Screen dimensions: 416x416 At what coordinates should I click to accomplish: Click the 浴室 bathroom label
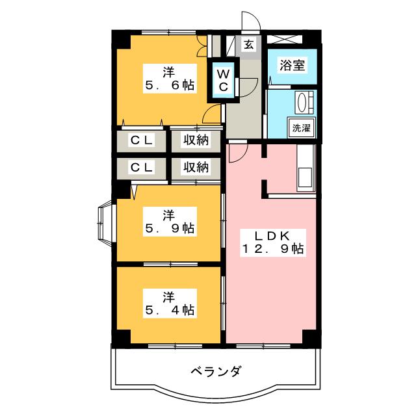(x=292, y=65)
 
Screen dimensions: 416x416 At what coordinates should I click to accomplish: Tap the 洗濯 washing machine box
(x=302, y=128)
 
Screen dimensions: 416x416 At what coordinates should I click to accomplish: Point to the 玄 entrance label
(x=249, y=44)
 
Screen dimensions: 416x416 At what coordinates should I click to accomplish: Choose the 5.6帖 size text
(x=170, y=84)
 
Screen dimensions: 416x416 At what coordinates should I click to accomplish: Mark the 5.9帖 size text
(x=169, y=228)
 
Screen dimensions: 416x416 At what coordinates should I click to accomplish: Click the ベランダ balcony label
(x=216, y=372)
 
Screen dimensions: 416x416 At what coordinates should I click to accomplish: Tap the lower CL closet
(x=142, y=167)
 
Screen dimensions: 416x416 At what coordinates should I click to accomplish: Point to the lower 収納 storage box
(x=196, y=167)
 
